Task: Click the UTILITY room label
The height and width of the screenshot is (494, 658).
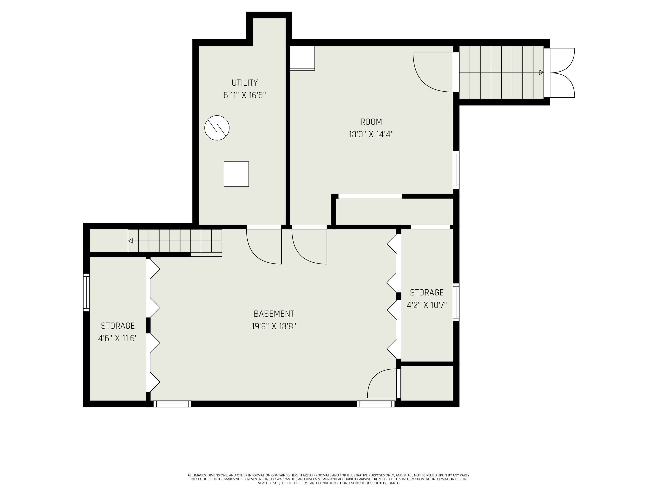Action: [x=245, y=83]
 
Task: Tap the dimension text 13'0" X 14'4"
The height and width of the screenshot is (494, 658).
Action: [x=371, y=134]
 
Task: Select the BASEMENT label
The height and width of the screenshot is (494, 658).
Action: [x=274, y=314]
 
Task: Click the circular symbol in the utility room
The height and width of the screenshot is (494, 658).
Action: [x=217, y=128]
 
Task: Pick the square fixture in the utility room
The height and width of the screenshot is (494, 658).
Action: [x=236, y=174]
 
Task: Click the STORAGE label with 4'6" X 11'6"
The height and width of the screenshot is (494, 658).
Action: [x=118, y=326]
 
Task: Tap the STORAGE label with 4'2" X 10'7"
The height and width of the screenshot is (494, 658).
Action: [x=427, y=292]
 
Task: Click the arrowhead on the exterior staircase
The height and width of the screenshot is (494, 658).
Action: [x=541, y=72]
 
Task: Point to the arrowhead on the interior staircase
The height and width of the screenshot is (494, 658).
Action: [x=130, y=241]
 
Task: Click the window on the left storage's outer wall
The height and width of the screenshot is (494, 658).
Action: [x=86, y=292]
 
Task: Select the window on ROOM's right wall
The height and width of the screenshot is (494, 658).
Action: [x=456, y=170]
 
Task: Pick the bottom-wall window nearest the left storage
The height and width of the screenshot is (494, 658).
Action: [x=172, y=404]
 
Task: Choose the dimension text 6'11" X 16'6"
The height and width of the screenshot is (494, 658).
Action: [x=245, y=95]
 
